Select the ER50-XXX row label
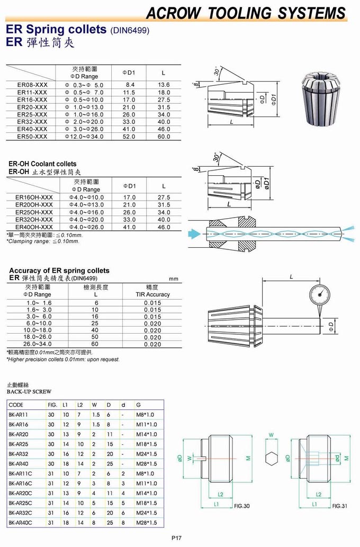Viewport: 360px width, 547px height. pos(32,136)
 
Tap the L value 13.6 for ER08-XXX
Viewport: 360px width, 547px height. pos(164,85)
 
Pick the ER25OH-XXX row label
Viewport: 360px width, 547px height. pos(34,212)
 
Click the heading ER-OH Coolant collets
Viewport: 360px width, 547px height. pos(42,164)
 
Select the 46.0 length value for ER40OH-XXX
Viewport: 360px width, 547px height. pos(164,227)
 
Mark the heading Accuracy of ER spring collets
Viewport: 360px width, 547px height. pos(59,271)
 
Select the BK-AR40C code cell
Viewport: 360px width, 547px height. pos(21,523)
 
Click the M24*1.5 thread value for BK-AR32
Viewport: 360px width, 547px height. pos(147,454)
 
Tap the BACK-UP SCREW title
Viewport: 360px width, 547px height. pos(29,392)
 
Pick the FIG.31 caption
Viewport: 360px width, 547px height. pos(339,506)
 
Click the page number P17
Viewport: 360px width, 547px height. pos(177,538)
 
